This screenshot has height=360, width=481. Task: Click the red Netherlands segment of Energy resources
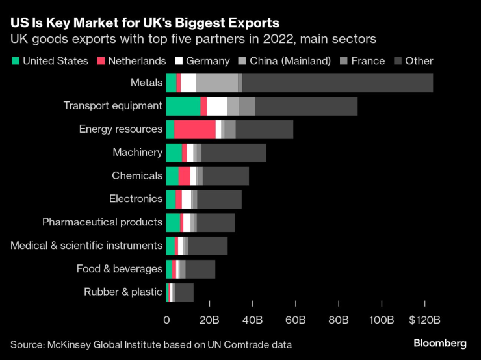[x=194, y=129]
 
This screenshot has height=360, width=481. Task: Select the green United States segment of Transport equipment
[x=183, y=106]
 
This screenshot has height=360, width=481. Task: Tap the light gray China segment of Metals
[x=216, y=83]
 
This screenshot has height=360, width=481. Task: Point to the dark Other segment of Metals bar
[x=337, y=83]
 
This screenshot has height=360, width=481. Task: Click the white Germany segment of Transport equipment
[x=216, y=106]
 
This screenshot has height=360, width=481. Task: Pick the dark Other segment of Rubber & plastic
[x=184, y=292]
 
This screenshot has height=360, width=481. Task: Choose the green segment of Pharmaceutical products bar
[x=173, y=222]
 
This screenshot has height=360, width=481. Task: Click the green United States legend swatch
[x=15, y=61]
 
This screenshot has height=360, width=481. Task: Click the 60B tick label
[x=295, y=320]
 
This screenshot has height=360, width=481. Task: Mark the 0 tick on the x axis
[x=166, y=320]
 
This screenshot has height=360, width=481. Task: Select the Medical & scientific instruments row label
[x=86, y=246]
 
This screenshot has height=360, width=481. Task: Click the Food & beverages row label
[x=119, y=269]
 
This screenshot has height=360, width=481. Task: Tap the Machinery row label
[x=137, y=152]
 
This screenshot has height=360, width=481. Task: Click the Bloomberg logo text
[x=440, y=343]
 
